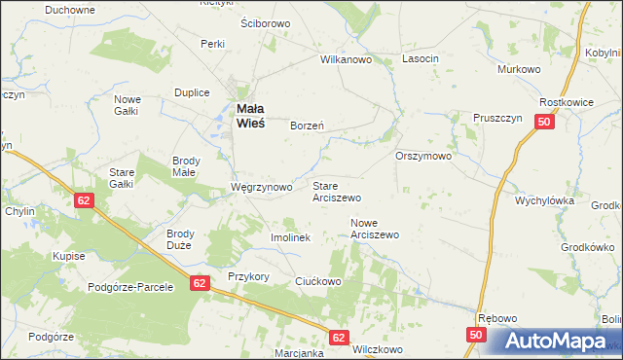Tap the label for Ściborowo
(x=265, y=23)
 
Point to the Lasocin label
(x=421, y=59)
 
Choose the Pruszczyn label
(x=498, y=118)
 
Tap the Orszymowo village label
(x=423, y=156)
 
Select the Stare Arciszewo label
(x=337, y=191)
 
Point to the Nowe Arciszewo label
(x=375, y=229)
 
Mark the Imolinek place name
(x=289, y=237)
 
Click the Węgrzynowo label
(x=261, y=187)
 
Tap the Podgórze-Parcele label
(x=129, y=287)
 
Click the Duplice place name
(x=192, y=92)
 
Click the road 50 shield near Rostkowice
(x=544, y=123)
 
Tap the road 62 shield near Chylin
(x=84, y=199)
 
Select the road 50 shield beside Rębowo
(x=475, y=334)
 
